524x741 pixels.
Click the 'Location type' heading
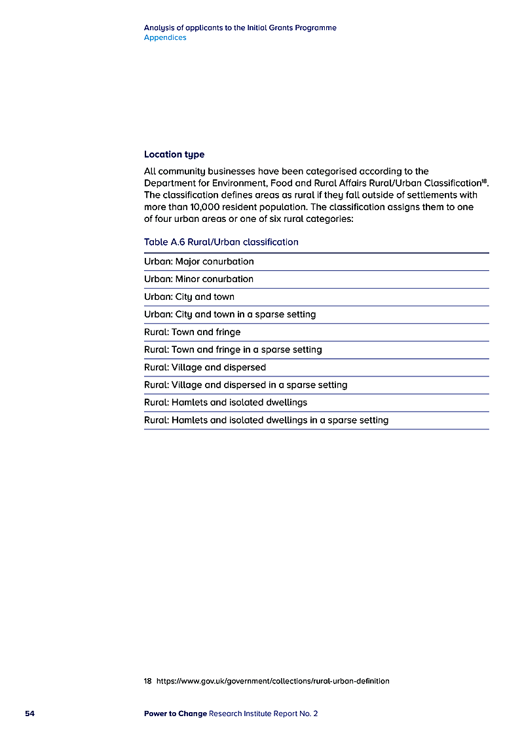pyautogui.click(x=174, y=154)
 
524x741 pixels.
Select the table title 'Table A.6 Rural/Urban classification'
pyautogui.click(x=221, y=242)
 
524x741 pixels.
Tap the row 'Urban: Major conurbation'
pyautogui.click(x=199, y=262)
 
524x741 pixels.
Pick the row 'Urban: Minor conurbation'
pyautogui.click(x=198, y=280)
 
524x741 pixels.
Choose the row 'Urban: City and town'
pyautogui.click(x=189, y=297)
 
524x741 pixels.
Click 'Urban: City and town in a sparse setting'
pyautogui.click(x=230, y=315)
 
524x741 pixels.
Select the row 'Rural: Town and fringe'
pyautogui.click(x=193, y=333)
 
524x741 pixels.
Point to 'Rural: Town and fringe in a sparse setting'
pyautogui.click(x=233, y=350)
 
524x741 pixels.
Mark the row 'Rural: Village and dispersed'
pyautogui.click(x=205, y=368)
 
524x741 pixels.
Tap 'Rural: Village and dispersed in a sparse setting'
pyautogui.click(x=246, y=386)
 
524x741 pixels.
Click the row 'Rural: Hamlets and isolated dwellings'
pyautogui.click(x=225, y=403)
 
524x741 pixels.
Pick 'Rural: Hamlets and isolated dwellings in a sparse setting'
pyautogui.click(x=266, y=420)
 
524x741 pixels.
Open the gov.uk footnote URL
pyautogui.click(x=273, y=681)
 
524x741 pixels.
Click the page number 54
pyautogui.click(x=29, y=714)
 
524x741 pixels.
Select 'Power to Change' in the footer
pyautogui.click(x=175, y=714)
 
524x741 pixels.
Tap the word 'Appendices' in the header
pyautogui.click(x=165, y=38)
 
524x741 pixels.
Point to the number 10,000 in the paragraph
pyautogui.click(x=203, y=207)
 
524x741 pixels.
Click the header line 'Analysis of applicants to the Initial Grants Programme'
pyautogui.click(x=240, y=28)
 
